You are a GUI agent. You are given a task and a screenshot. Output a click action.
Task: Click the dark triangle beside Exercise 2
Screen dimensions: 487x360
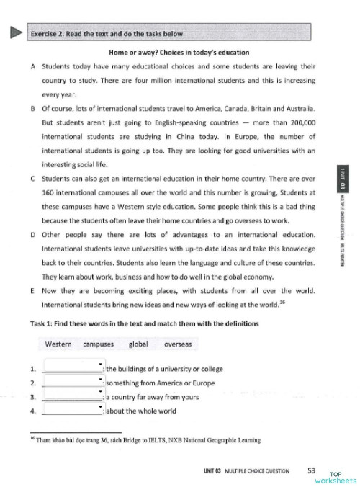[x=12, y=33]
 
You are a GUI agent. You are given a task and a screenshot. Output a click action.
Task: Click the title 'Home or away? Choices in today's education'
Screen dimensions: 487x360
[x=179, y=52]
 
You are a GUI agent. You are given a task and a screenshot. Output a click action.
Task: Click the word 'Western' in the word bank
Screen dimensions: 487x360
[x=58, y=344]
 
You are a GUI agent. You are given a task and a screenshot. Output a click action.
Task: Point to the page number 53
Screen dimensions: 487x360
[x=311, y=470]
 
